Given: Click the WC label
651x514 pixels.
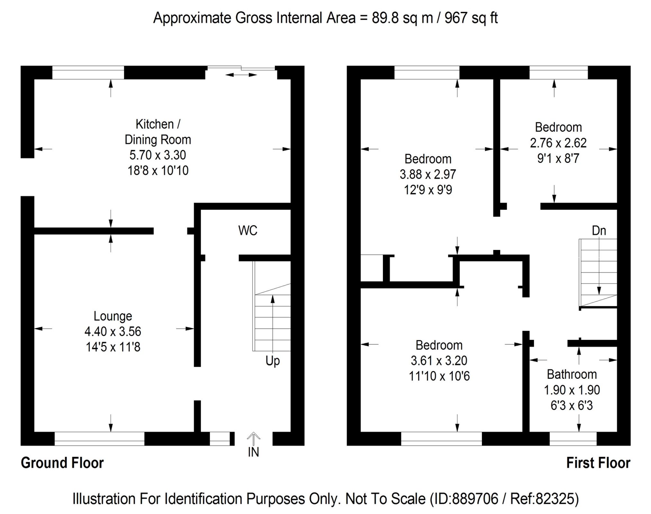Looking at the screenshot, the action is pyautogui.click(x=248, y=231).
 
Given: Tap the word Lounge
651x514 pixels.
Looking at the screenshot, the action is pyautogui.click(x=113, y=316).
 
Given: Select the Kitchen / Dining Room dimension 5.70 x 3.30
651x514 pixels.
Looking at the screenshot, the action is pyautogui.click(x=158, y=155).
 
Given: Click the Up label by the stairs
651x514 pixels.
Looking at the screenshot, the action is pyautogui.click(x=273, y=361).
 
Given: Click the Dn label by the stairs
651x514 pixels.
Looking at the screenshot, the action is pyautogui.click(x=599, y=231).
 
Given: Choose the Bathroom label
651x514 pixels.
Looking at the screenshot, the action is pyautogui.click(x=572, y=375).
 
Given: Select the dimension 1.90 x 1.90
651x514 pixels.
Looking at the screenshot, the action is pyautogui.click(x=572, y=390).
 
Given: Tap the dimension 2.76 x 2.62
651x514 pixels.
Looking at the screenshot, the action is pyautogui.click(x=558, y=143).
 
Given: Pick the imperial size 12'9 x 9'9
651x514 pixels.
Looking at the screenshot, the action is pyautogui.click(x=428, y=190).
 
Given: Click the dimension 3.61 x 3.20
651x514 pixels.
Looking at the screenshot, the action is pyautogui.click(x=439, y=361).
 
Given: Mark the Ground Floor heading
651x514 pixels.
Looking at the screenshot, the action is pyautogui.click(x=62, y=463).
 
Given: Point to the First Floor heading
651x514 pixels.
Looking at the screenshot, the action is pyautogui.click(x=598, y=463).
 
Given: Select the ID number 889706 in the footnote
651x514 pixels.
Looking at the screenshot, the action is pyautogui.click(x=475, y=499).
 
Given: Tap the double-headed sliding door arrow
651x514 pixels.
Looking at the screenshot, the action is pyautogui.click(x=241, y=75).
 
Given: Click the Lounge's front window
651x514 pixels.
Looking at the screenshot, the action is pyautogui.click(x=99, y=439).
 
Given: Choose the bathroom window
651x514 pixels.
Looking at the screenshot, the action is pyautogui.click(x=573, y=439).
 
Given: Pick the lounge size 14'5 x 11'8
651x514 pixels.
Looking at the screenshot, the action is pyautogui.click(x=113, y=347).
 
